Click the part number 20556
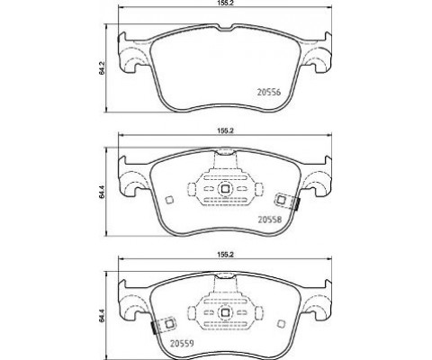click(269, 93)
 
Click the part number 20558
click(270, 220)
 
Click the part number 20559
click(182, 343)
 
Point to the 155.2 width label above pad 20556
click(225, 3)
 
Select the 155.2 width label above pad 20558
click(225, 130)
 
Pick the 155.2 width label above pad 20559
click(225, 255)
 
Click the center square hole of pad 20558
click(225, 189)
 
